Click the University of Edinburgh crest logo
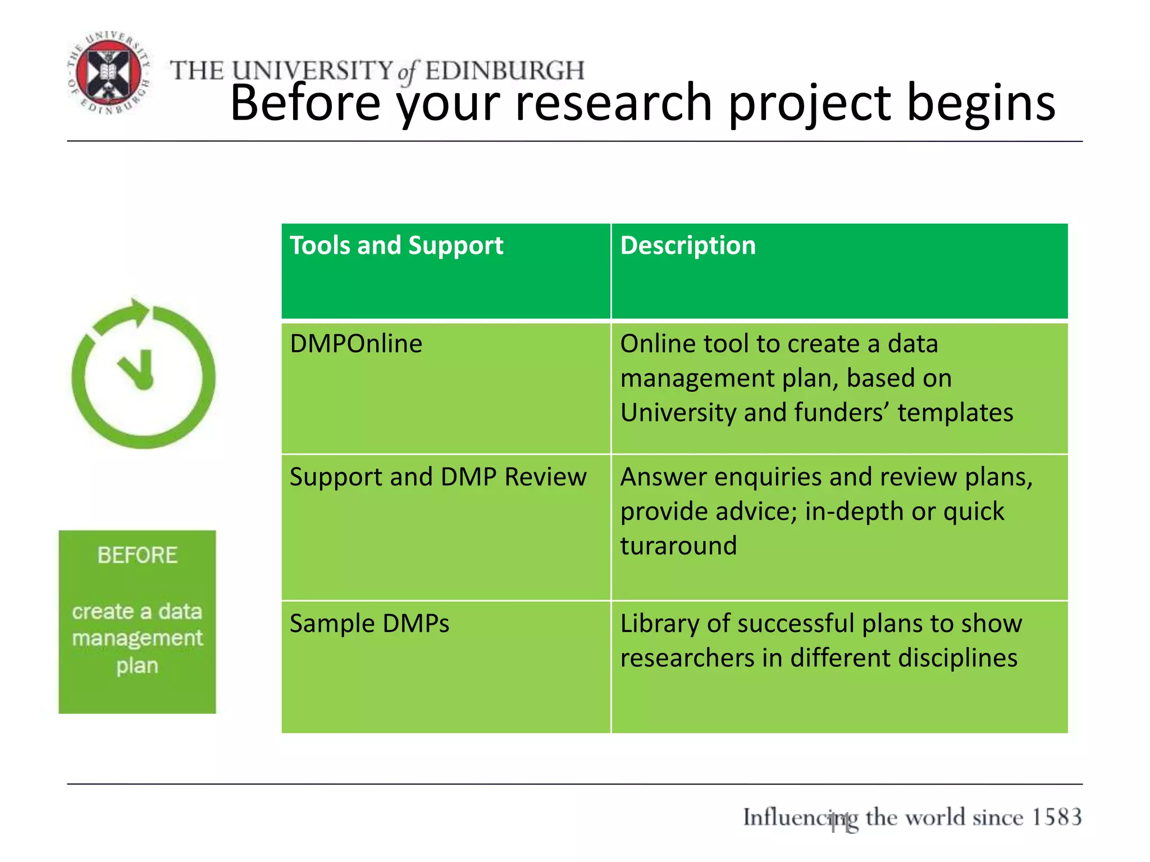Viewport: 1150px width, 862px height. tap(108, 73)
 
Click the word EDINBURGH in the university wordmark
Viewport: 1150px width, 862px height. tap(504, 71)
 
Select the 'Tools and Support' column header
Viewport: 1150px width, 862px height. tap(396, 246)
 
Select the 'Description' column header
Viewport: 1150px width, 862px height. tap(688, 246)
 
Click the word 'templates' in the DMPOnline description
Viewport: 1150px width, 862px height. tap(955, 412)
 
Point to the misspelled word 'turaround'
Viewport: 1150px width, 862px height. tap(678, 545)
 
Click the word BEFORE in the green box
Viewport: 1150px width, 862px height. tap(138, 555)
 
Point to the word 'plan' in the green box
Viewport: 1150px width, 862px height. tap(138, 666)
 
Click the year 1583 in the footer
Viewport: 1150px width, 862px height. tap(1056, 817)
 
